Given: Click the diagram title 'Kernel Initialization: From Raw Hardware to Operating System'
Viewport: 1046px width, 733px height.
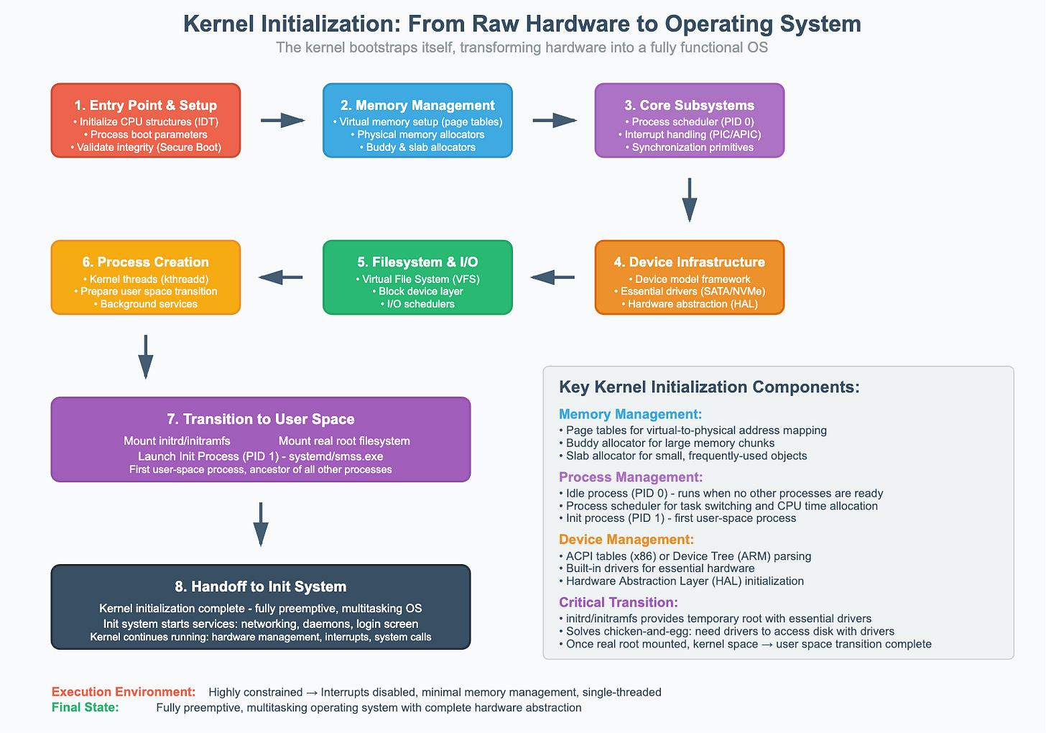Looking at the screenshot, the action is [x=522, y=24].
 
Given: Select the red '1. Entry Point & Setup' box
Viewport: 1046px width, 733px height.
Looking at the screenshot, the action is [x=146, y=120].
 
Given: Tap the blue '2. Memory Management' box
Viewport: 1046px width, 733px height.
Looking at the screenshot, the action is [x=417, y=120].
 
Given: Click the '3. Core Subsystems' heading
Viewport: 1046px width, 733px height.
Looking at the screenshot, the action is [x=690, y=105].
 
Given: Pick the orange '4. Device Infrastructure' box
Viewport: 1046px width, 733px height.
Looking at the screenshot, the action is [x=690, y=277].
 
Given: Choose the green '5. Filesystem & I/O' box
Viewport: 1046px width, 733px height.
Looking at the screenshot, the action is [x=417, y=277].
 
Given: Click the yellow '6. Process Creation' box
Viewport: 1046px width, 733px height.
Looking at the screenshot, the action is [x=146, y=277].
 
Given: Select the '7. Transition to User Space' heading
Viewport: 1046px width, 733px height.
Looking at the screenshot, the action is [x=261, y=419].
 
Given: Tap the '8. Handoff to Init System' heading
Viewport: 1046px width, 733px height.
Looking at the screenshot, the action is [x=261, y=586].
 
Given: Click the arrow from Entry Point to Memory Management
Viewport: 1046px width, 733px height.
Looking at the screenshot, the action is [x=282, y=121].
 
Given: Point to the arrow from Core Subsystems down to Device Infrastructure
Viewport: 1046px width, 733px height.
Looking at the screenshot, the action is [x=690, y=200].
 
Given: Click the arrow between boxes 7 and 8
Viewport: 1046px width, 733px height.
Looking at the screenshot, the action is [x=261, y=523].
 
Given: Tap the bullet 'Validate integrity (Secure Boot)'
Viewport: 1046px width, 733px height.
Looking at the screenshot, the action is [x=146, y=147].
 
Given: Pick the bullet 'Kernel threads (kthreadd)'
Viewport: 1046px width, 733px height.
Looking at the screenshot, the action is [x=146, y=279].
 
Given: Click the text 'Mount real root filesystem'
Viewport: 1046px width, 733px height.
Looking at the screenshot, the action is [x=344, y=441].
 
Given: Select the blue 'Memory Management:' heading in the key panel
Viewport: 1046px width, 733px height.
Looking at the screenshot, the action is [x=630, y=414].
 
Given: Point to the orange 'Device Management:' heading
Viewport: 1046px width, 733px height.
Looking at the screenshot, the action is [x=626, y=540].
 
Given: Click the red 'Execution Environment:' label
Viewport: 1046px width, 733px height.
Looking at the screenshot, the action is [x=124, y=692].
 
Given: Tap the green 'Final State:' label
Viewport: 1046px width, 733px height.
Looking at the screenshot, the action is [x=85, y=708].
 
